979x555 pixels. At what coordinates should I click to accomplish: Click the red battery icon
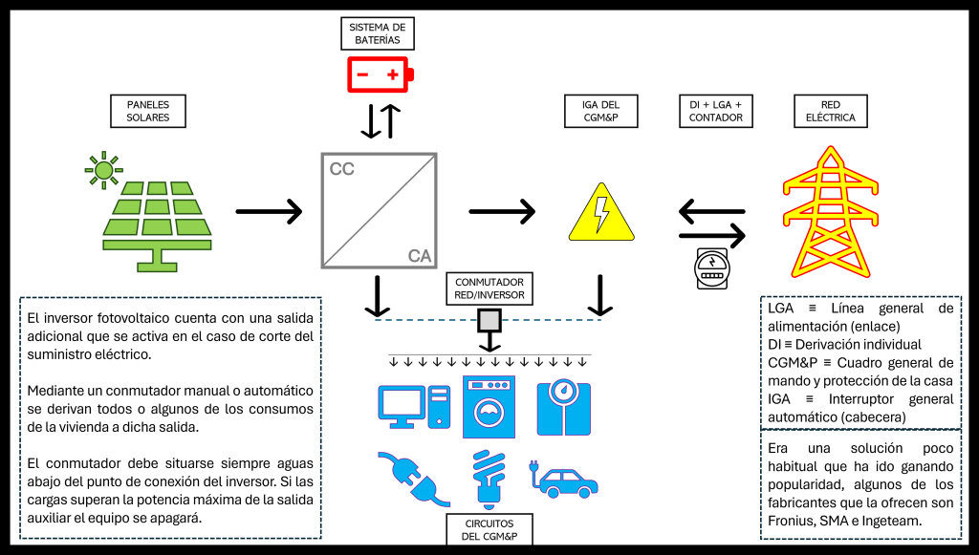click(x=380, y=74)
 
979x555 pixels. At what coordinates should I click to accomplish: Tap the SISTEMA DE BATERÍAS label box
click(x=377, y=33)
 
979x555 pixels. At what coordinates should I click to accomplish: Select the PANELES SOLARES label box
click(x=147, y=111)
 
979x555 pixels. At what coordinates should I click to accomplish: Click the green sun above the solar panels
click(x=103, y=169)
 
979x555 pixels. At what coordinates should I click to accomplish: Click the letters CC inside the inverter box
click(x=341, y=170)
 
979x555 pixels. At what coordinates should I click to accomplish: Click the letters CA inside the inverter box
click(x=420, y=256)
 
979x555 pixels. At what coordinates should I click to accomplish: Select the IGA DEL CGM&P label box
click(x=600, y=111)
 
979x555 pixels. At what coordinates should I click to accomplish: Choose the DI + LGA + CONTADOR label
click(x=715, y=111)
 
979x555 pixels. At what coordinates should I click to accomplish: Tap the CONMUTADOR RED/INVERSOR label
click(x=489, y=288)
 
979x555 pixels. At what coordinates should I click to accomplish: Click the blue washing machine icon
click(x=489, y=405)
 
